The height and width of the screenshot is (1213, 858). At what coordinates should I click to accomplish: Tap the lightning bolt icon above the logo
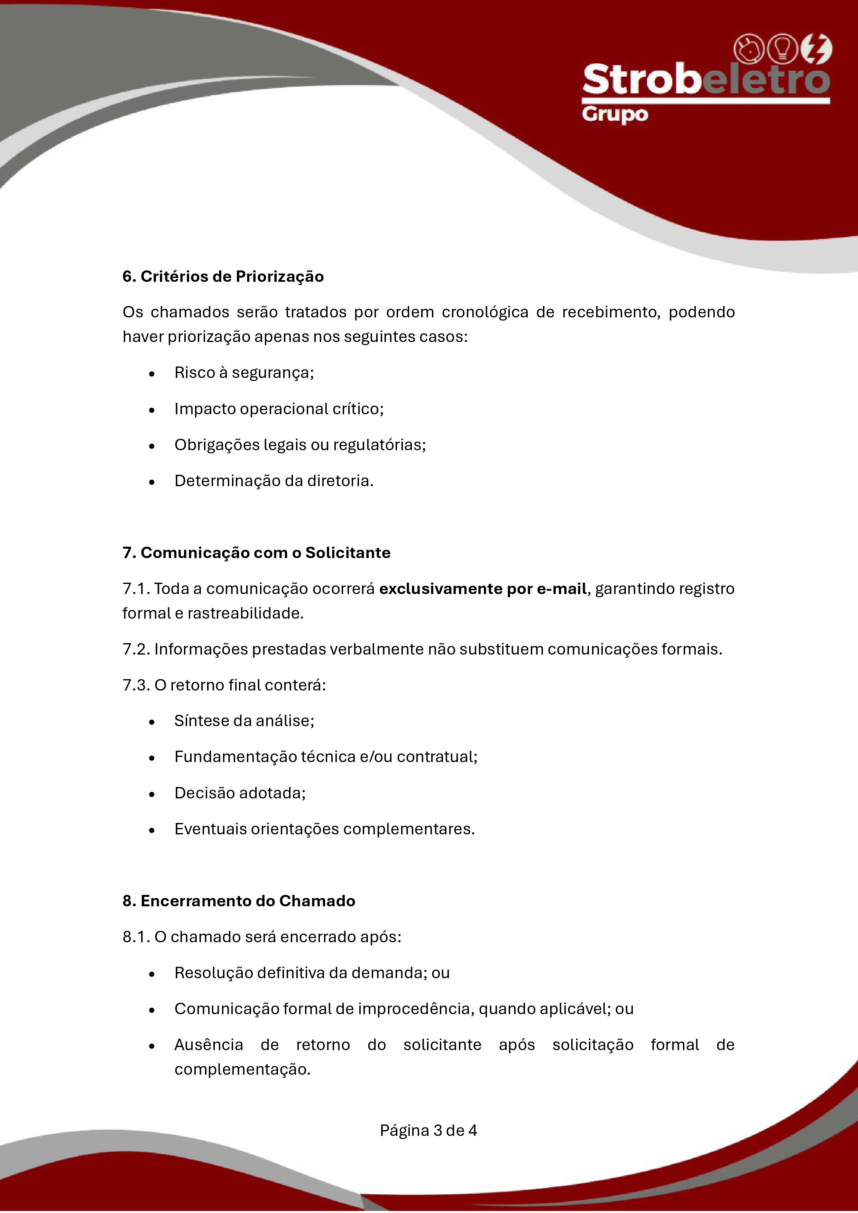[x=816, y=49]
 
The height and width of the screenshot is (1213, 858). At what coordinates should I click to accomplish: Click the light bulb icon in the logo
[x=782, y=49]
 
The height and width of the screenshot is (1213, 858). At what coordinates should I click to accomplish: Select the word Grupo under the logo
[x=615, y=115]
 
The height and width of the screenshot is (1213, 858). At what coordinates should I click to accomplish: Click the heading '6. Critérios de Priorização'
[x=223, y=276]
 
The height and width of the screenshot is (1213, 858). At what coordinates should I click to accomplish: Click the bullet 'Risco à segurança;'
[x=244, y=372]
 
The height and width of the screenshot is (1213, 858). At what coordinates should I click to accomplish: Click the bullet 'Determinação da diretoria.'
[x=274, y=481]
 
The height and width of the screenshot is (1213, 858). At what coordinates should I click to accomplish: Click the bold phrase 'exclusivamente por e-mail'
[x=483, y=589]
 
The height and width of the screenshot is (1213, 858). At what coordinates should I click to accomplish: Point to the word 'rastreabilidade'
[x=245, y=613]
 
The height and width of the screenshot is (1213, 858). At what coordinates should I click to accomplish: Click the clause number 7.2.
[x=136, y=649]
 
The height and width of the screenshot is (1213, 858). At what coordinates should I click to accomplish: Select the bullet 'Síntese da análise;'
[x=244, y=721]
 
